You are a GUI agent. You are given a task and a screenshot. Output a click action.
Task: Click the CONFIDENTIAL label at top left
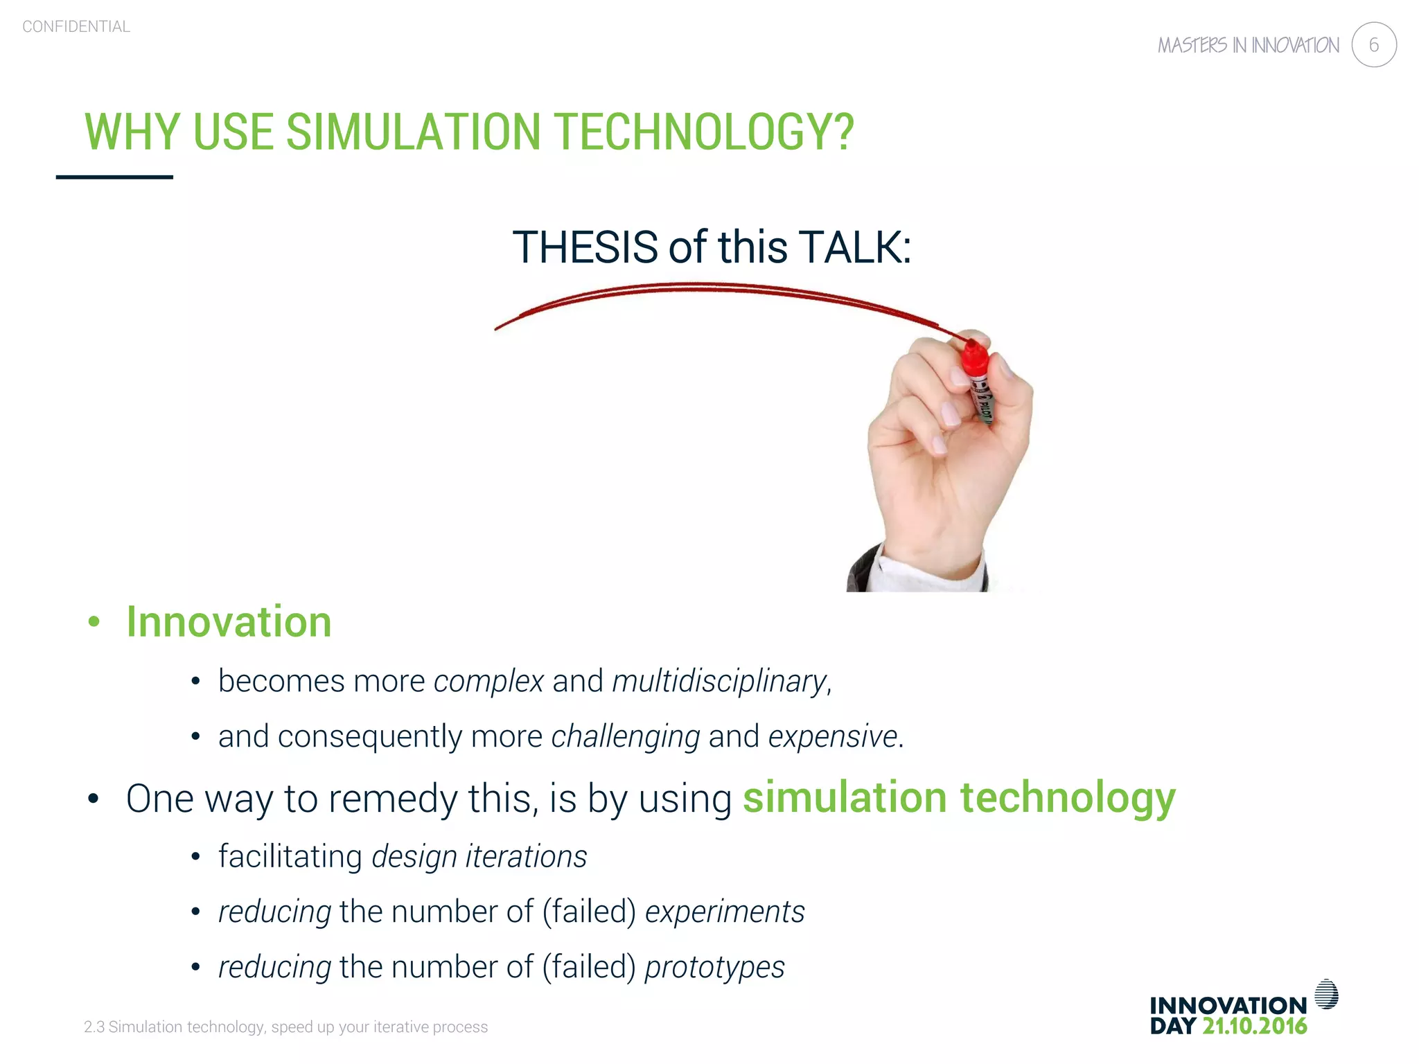76,27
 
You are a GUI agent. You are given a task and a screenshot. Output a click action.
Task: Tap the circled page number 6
1373,45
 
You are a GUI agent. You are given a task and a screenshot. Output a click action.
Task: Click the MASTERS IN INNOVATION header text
1248,46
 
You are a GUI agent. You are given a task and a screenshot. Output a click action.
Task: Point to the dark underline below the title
114,177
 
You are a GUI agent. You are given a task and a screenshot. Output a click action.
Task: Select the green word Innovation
229,621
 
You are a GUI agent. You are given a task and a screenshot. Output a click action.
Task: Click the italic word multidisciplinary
719,681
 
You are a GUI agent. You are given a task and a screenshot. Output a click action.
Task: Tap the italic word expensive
833,736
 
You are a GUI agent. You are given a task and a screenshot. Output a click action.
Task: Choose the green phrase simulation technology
959,797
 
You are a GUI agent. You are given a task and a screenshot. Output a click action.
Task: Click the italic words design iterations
479,856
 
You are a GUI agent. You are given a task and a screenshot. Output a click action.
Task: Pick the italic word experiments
725,912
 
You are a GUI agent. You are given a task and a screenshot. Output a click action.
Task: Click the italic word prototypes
714,967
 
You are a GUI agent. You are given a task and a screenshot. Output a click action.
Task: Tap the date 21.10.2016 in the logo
1254,1026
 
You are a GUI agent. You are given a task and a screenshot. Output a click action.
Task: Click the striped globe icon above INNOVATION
1326,994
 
